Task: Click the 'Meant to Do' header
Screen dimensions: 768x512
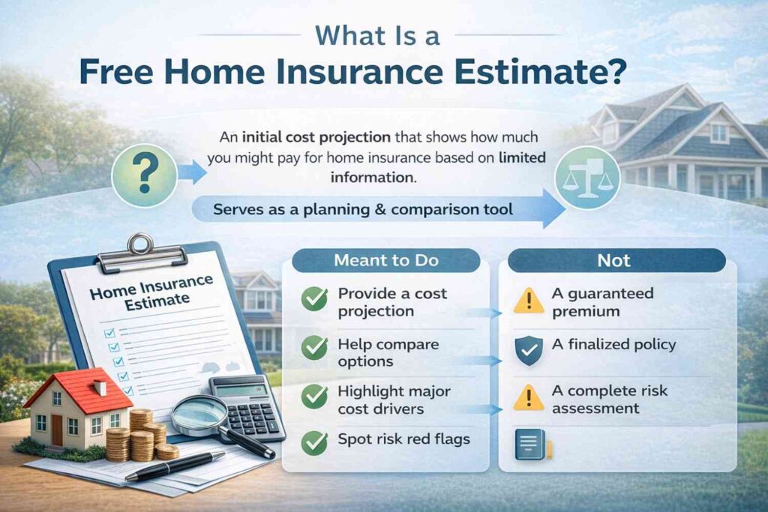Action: pyautogui.click(x=386, y=260)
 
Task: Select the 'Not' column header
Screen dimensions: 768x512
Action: pyautogui.click(x=616, y=260)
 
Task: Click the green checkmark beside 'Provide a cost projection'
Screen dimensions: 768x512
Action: pyautogui.click(x=314, y=298)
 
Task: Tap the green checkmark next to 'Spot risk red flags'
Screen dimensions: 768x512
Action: pyautogui.click(x=314, y=442)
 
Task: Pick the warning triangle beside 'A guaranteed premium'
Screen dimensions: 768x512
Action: pyautogui.click(x=529, y=301)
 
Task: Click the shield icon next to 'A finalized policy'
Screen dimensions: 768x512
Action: pyautogui.click(x=529, y=351)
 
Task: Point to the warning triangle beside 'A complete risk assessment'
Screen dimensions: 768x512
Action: pyautogui.click(x=529, y=397)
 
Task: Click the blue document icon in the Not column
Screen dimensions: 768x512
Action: pyautogui.click(x=532, y=445)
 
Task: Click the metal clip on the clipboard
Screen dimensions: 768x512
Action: pyautogui.click(x=142, y=253)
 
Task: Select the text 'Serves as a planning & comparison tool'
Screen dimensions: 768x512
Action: pyautogui.click(x=363, y=209)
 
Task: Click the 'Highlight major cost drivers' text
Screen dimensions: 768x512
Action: pyautogui.click(x=394, y=400)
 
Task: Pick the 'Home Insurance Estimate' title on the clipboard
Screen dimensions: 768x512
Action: pyautogui.click(x=151, y=292)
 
